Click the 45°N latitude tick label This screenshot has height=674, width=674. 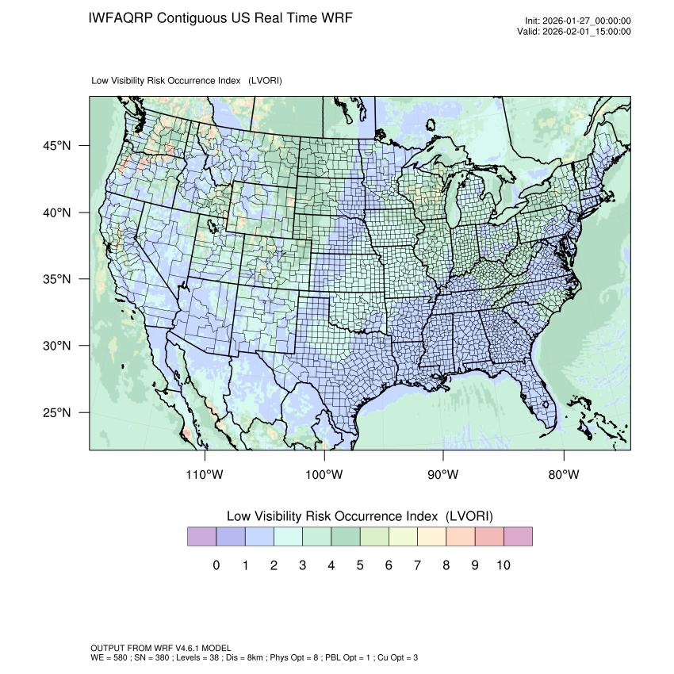click(x=59, y=146)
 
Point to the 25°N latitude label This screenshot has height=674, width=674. click(x=59, y=413)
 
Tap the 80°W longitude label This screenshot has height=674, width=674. click(x=564, y=475)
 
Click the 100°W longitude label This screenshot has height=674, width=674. click(x=324, y=475)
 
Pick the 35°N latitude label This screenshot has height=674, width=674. click(x=59, y=279)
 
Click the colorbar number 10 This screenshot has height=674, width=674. click(x=503, y=565)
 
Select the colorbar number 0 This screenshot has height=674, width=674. click(x=216, y=565)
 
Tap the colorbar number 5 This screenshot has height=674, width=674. click(x=359, y=565)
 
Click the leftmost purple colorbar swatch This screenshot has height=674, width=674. click(x=201, y=537)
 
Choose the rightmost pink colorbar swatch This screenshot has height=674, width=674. click(x=518, y=537)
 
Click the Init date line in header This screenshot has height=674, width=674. click(x=578, y=21)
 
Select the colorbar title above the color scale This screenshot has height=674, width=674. click(x=359, y=516)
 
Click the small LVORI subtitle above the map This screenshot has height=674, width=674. click(x=187, y=81)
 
